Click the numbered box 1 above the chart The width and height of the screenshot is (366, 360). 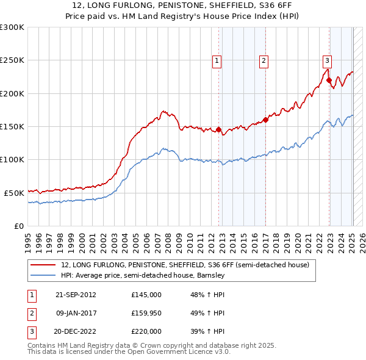tap(217, 60)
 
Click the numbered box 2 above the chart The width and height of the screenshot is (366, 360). tap(264, 60)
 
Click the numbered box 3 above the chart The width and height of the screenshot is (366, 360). tap(327, 60)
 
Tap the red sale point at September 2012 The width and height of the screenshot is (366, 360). tap(218, 129)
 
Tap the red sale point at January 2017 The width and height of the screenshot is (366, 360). tap(265, 120)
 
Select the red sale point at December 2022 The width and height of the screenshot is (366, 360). tap(329, 80)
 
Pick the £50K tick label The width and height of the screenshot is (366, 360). tap(14, 193)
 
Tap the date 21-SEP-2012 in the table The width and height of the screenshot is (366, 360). tap(76, 295)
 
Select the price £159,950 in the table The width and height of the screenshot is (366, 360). tap(146, 313)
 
